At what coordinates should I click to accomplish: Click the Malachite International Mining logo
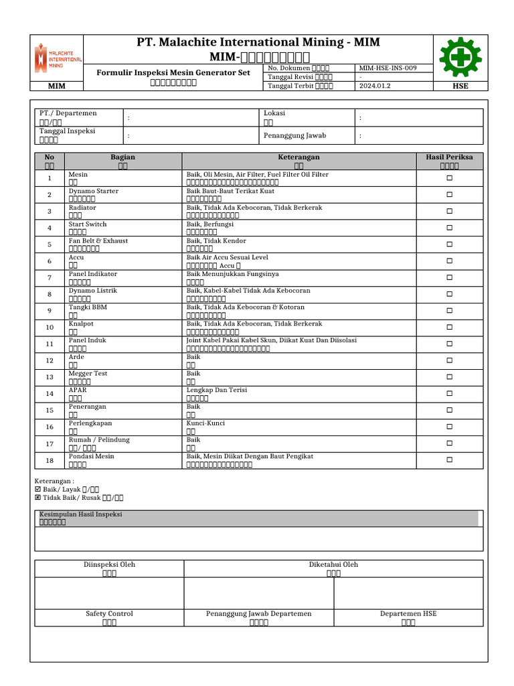[58, 58]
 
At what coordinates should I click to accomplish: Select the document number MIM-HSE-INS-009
[388, 68]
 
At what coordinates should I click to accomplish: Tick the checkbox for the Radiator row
[449, 211]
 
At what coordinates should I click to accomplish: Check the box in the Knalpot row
[449, 327]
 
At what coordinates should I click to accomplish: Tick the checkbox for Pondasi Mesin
[449, 460]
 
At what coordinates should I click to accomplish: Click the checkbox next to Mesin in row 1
[449, 178]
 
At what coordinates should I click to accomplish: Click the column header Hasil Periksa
[449, 157]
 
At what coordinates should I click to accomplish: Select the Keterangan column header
[298, 157]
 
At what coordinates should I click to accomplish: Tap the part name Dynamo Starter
[94, 191]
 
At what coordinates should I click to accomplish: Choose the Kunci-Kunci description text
[205, 423]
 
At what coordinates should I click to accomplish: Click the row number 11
[50, 344]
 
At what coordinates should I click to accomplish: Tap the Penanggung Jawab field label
[294, 135]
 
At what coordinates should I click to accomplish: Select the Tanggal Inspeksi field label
[67, 131]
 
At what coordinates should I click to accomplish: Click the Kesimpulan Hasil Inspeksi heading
[80, 514]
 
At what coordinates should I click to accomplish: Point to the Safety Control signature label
[109, 614]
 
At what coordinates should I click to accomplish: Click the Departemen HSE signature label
[408, 614]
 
